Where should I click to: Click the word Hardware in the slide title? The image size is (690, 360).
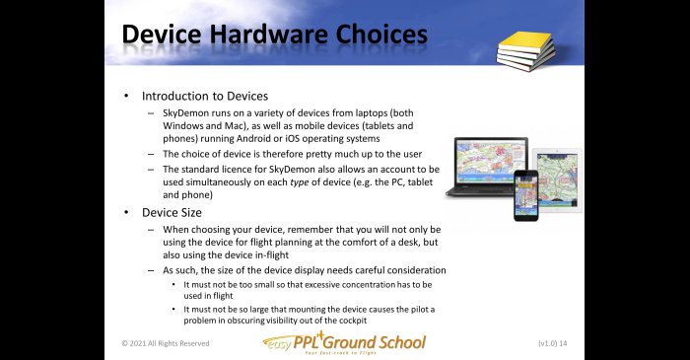coord(269,35)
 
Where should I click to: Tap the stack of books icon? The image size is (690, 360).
coord(525,50)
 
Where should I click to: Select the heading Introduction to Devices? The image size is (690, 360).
coord(205,96)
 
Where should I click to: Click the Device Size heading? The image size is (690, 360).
coord(172,213)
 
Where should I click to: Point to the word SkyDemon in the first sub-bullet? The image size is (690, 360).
coord(185,113)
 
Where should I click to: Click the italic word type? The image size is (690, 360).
coord(300,182)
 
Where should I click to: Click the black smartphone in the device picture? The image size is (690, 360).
coord(525,195)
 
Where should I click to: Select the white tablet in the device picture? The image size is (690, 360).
coord(558,180)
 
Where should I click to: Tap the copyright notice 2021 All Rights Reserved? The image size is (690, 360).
coord(166,343)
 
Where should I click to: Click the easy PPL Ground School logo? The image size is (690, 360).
coord(344,343)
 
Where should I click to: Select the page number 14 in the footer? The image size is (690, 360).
coord(563,343)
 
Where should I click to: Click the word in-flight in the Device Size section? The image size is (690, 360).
coord(272,255)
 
